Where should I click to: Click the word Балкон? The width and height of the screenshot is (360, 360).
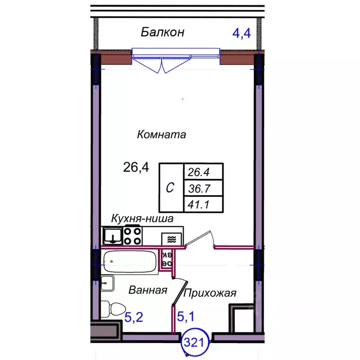pos(162,32)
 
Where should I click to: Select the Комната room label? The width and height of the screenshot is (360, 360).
pos(161,135)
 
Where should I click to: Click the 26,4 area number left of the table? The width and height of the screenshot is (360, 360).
pos(136,166)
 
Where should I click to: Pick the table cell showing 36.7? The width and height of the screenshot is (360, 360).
pos(203,188)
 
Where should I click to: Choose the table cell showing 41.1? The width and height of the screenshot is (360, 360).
pos(203,204)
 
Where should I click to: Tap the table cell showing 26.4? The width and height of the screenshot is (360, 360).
pos(203,172)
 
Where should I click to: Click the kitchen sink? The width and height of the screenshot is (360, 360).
pos(112,235)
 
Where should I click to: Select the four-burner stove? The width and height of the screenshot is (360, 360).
pos(132,235)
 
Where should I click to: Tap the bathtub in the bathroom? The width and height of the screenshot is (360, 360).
pos(129,262)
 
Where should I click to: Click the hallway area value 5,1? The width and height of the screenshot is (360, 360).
pos(185,317)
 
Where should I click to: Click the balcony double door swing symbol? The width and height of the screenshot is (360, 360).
pos(162,65)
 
